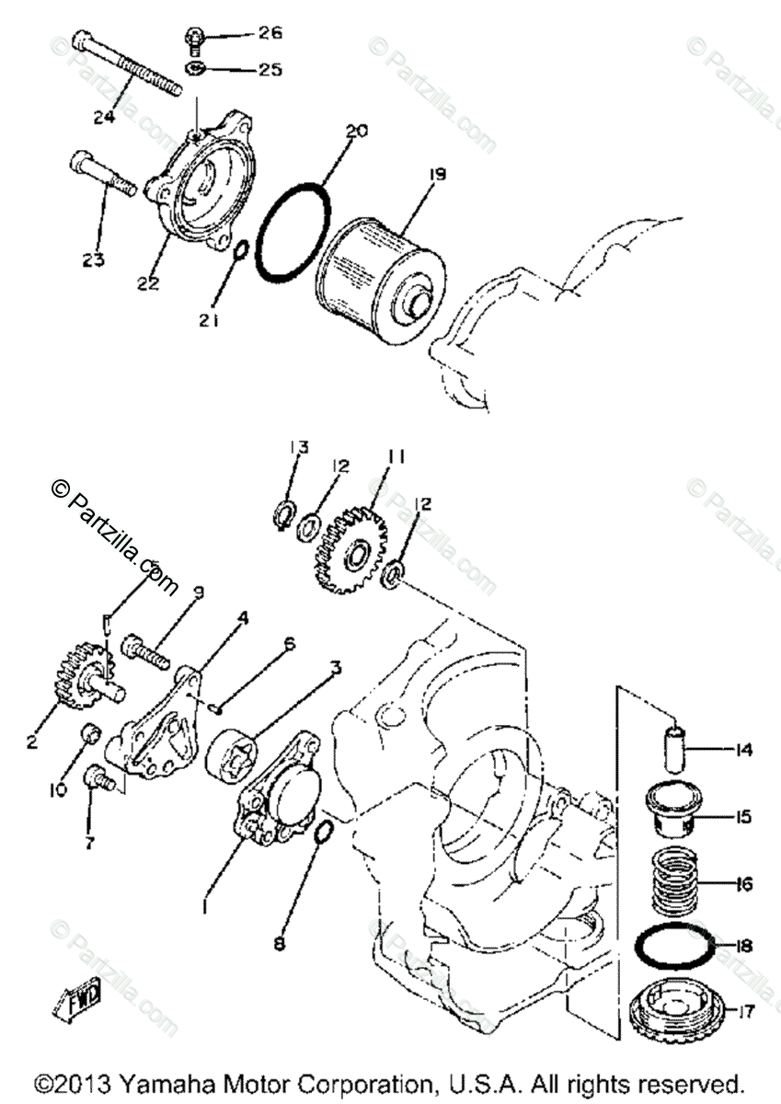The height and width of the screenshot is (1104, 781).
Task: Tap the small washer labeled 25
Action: pyautogui.click(x=196, y=69)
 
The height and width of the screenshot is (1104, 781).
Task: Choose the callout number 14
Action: pyautogui.click(x=743, y=751)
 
